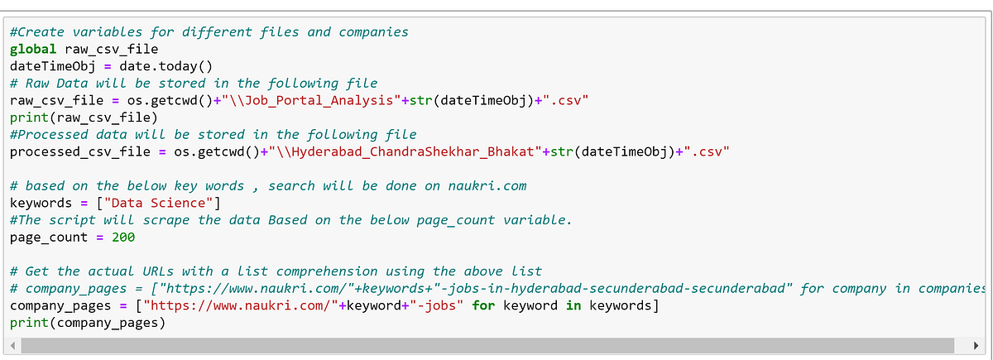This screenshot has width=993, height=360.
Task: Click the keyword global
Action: (x=33, y=49)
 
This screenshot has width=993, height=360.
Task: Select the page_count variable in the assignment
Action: (x=48, y=237)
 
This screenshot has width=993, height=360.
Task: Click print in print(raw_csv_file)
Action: (x=29, y=118)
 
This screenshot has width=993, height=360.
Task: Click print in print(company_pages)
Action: (x=29, y=323)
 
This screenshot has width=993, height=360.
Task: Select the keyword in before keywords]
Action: (x=573, y=305)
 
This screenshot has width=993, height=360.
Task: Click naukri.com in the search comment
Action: (x=487, y=185)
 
